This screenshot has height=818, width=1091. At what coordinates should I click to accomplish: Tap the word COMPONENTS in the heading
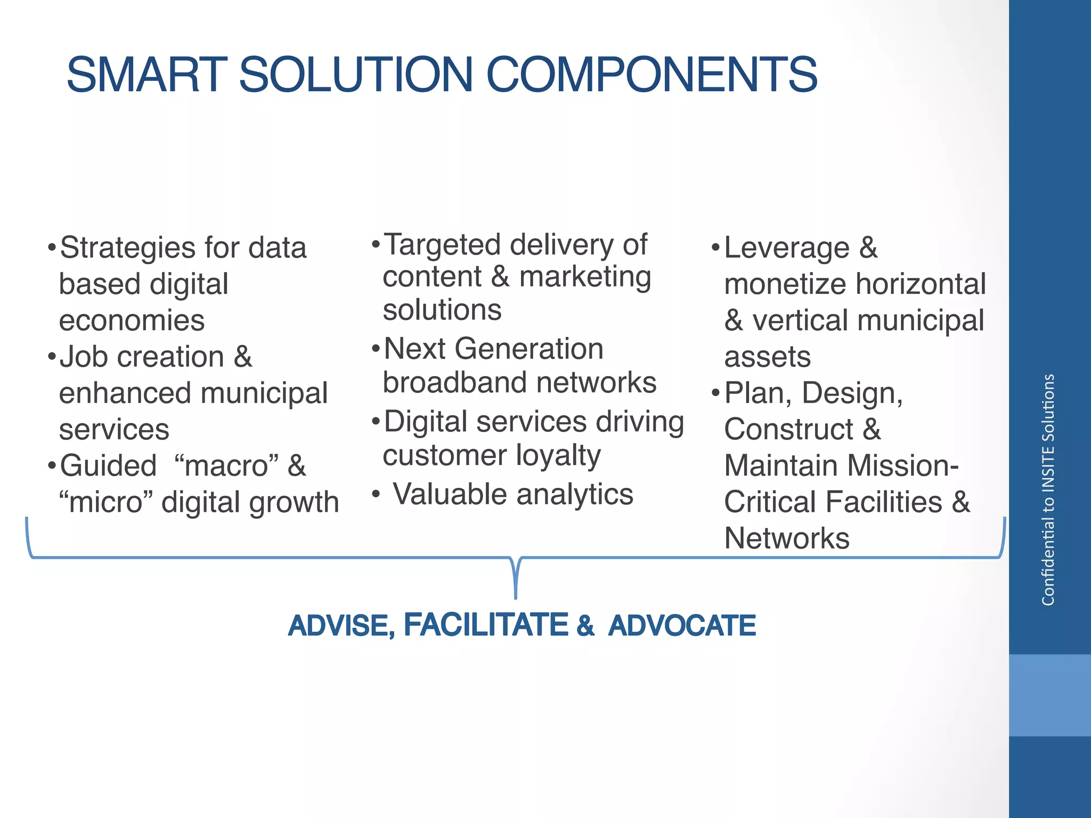(x=652, y=75)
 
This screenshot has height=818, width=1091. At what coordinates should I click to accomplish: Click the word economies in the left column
(x=132, y=321)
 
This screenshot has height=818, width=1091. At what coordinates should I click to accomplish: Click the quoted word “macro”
(x=226, y=466)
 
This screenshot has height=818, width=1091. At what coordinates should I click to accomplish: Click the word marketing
(x=585, y=277)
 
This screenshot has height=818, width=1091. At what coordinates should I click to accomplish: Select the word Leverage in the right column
(x=786, y=249)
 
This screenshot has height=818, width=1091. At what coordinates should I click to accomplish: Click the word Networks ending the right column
(x=786, y=538)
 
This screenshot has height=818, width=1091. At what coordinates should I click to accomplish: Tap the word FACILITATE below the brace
(x=486, y=625)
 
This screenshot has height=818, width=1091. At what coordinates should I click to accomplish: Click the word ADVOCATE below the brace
(x=682, y=626)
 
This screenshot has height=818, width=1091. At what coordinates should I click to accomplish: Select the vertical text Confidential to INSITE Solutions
(x=1048, y=489)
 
